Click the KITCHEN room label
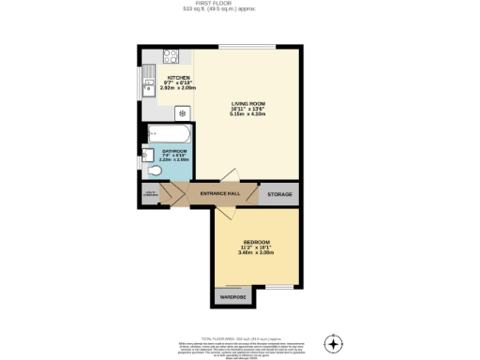pos(178,78)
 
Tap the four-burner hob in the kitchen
pos(172,56)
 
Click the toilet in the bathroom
pos(155,171)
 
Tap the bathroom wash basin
pos(148,154)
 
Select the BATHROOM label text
pos(175,150)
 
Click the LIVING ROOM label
pos(249,102)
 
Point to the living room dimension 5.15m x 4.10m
pos(249,113)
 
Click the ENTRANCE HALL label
pos(220,194)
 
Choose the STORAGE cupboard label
pos(279,194)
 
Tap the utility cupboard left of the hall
pos(149,194)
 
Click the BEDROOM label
pos(256,242)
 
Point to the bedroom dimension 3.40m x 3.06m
pos(256,253)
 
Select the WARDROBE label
pos(232,298)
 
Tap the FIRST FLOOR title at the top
pos(240,4)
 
